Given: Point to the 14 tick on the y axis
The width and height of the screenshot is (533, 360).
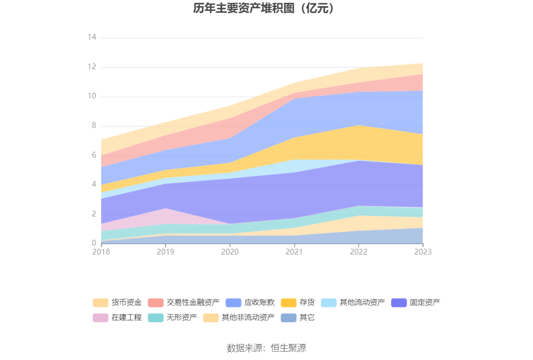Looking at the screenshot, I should [92, 37].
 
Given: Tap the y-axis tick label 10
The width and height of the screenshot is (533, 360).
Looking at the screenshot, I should [92, 96].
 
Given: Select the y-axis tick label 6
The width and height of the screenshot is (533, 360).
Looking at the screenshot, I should [94, 155].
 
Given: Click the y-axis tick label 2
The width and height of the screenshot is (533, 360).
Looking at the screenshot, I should [94, 214].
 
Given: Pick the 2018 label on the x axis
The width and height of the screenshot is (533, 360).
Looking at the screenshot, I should [101, 252].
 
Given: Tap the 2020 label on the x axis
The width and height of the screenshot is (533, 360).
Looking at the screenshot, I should [230, 252].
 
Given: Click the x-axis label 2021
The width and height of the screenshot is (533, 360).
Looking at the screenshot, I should [294, 252].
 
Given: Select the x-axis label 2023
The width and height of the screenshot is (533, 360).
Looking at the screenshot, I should [423, 252].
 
